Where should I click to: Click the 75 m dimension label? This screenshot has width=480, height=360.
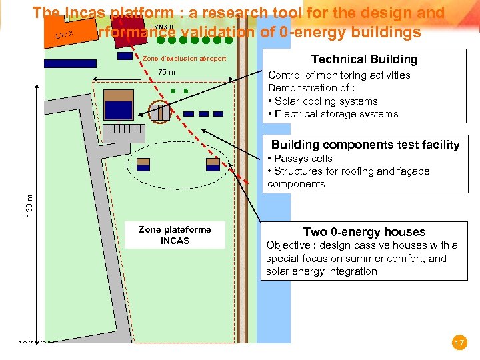click(166, 73)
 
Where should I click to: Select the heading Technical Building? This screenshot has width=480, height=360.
click(364, 59)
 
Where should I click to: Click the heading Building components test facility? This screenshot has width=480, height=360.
click(365, 145)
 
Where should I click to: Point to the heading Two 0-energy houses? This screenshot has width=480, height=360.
click(364, 232)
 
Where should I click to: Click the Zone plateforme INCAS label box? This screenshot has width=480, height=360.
click(175, 235)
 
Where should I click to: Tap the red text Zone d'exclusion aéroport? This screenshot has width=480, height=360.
click(185, 59)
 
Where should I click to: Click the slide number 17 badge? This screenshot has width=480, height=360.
click(459, 343)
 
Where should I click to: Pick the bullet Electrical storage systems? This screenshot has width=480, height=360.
click(336, 114)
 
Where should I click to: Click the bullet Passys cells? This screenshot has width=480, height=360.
click(303, 159)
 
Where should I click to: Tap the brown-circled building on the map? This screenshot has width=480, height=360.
click(159, 112)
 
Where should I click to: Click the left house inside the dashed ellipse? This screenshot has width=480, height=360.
click(143, 164)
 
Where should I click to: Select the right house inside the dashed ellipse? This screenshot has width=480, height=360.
click(213, 164)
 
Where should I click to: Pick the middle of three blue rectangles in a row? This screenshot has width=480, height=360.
click(203, 114)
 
